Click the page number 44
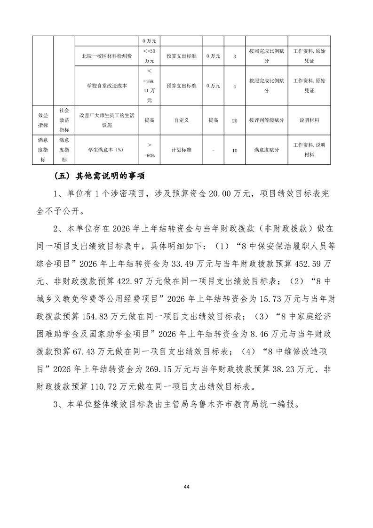[x=186, y=486]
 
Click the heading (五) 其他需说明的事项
[x=99, y=177]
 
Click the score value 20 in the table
[x=235, y=121]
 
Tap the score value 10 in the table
[x=235, y=150]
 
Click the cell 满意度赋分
[x=267, y=150]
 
